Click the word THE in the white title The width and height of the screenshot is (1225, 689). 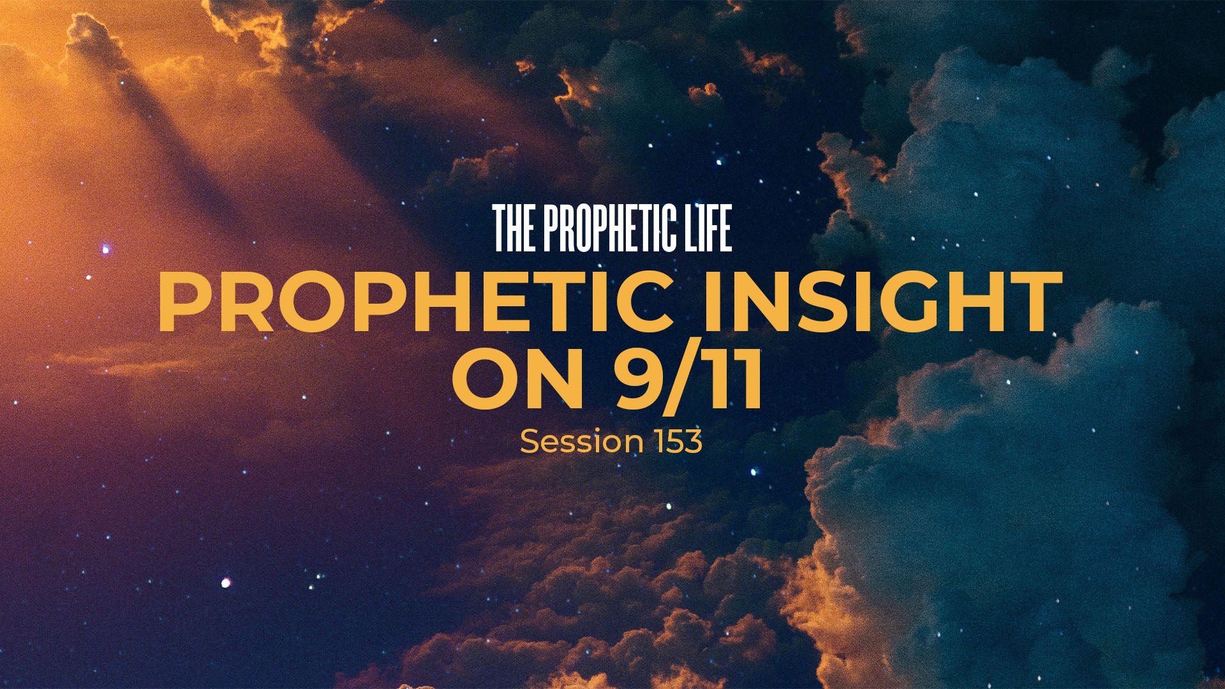[514, 228]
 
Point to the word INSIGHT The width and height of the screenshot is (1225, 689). [882, 302]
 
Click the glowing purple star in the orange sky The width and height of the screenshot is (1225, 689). [106, 249]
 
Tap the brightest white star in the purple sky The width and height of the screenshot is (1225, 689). [225, 582]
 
